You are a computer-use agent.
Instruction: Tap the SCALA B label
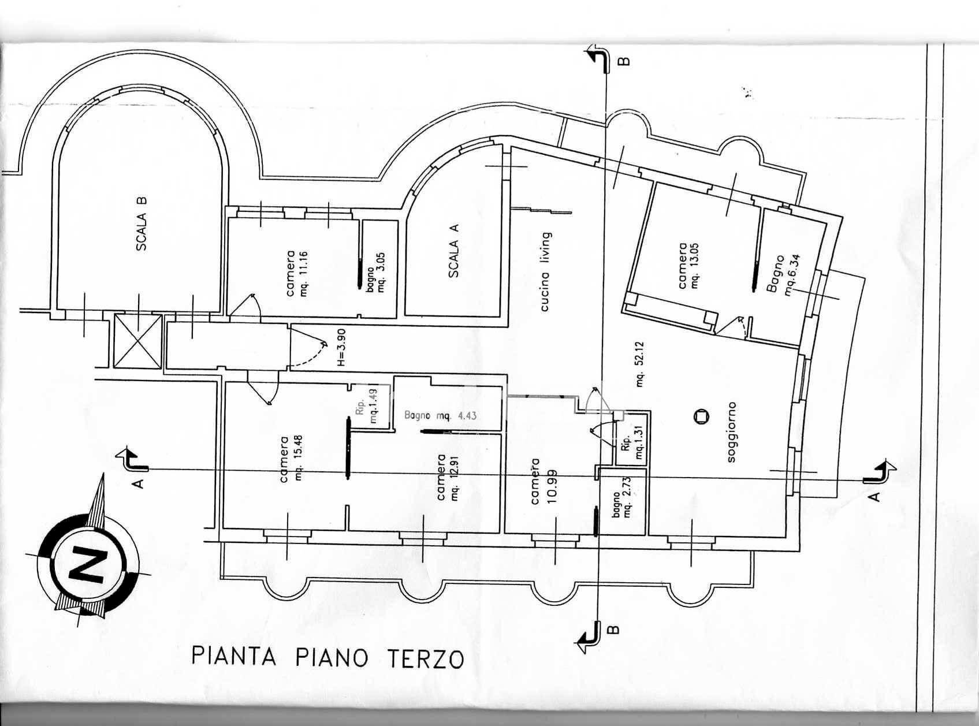[x=142, y=224]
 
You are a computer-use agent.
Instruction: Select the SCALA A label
[x=454, y=251]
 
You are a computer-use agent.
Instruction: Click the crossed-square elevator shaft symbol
[x=137, y=341]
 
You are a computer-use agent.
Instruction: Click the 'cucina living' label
[x=544, y=271]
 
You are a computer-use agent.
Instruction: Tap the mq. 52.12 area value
[x=641, y=373]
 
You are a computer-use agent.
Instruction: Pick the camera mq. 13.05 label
[x=688, y=266]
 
